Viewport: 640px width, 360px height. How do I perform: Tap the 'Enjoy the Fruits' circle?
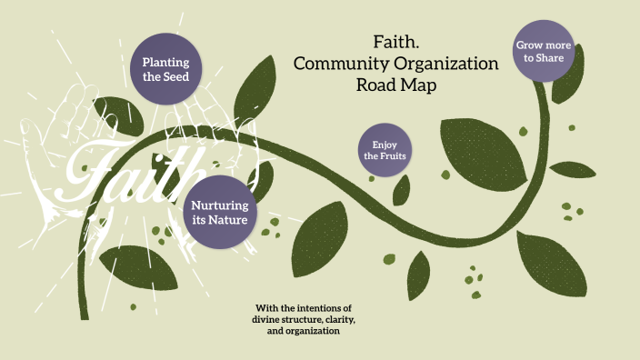[384, 150]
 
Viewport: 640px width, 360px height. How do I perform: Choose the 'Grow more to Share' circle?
[544, 51]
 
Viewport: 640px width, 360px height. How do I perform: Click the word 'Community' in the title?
[332, 65]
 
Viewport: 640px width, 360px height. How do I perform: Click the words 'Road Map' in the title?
[395, 85]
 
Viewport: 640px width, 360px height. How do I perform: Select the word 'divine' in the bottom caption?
[270, 320]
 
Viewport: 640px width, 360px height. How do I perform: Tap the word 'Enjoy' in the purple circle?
[384, 144]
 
